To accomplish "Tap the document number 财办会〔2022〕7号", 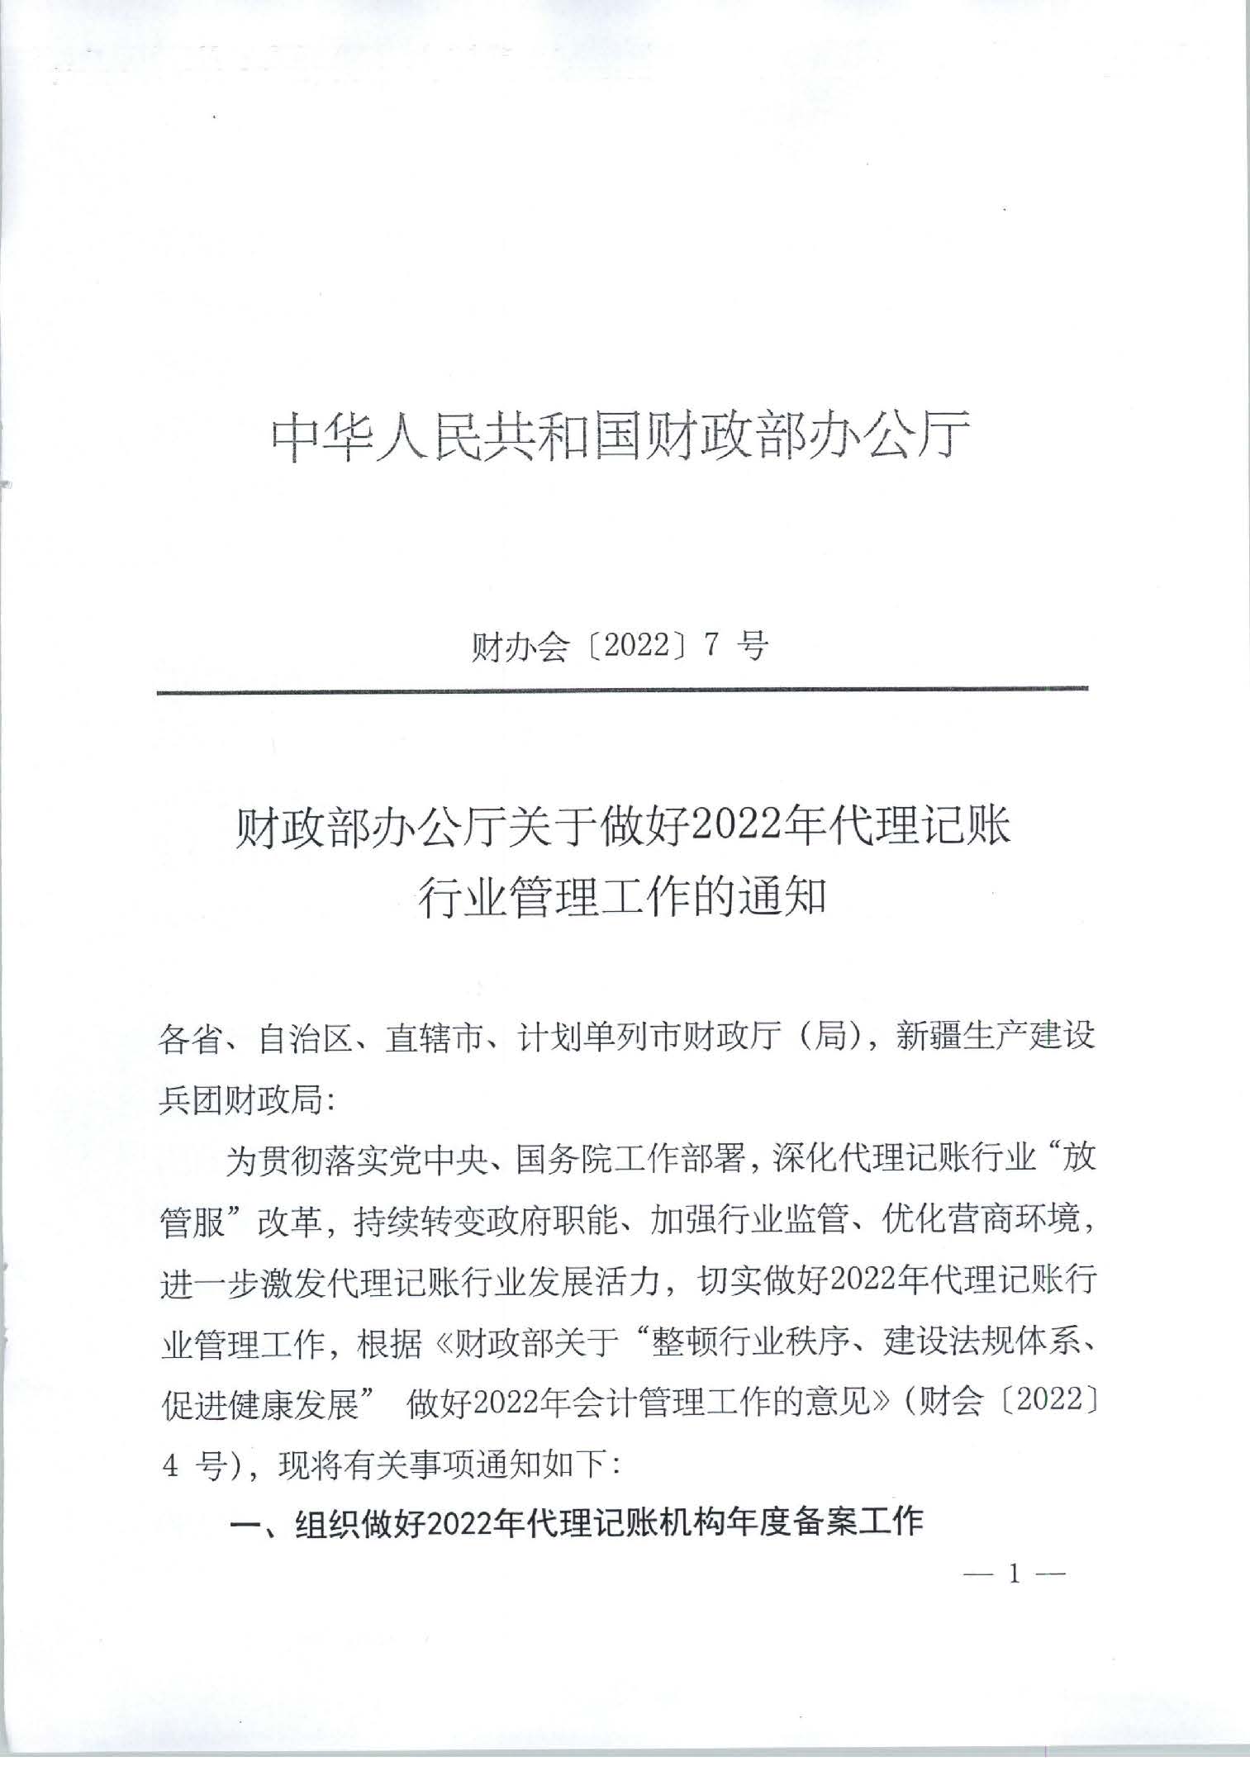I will point(619,647).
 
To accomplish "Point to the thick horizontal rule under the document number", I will point(622,689).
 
